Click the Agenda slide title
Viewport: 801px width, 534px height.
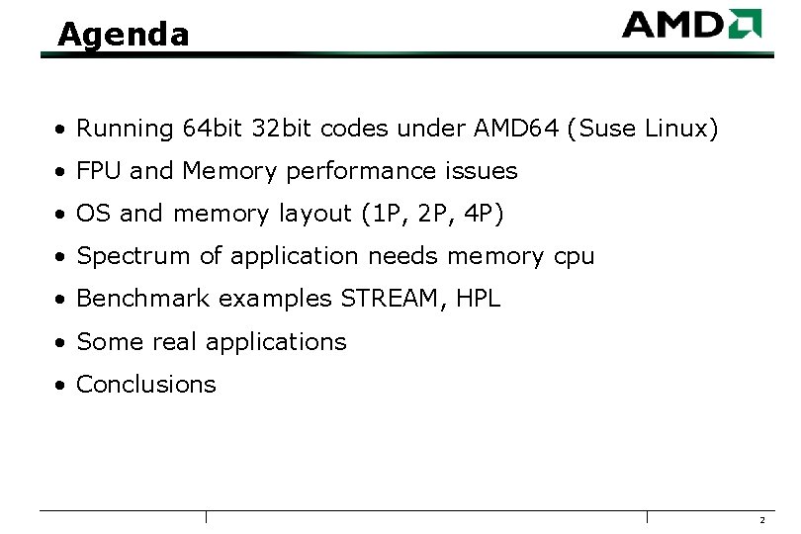pos(123,35)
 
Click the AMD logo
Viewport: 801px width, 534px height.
pos(691,24)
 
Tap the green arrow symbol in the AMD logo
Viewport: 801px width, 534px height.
pos(744,24)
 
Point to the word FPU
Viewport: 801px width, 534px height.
pos(99,171)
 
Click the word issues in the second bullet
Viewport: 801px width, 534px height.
pos(480,171)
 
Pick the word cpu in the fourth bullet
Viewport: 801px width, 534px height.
pos(574,256)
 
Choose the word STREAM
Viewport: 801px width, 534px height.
pos(393,299)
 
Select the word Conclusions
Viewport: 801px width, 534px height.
pos(146,384)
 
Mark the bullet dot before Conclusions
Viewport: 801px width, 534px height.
pos(61,385)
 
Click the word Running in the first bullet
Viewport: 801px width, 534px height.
pos(125,129)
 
